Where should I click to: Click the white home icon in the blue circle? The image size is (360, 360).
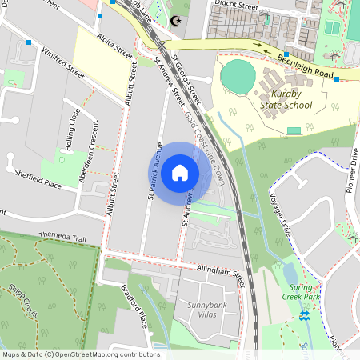click(x=180, y=172)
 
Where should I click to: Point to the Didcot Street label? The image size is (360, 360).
click(x=238, y=6)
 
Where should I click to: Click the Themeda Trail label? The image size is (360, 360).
click(x=63, y=237)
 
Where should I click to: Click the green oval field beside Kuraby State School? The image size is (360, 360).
click(x=238, y=76)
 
